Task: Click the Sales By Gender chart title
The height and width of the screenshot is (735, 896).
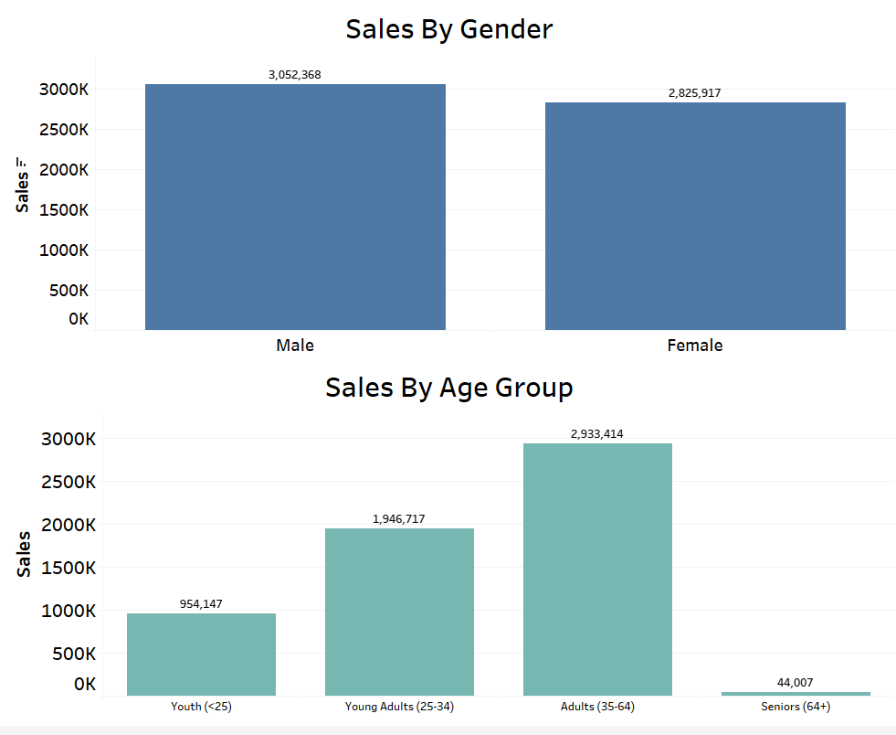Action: click(448, 29)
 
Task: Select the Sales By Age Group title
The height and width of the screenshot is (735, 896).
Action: click(448, 388)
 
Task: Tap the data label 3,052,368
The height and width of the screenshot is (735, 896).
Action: click(295, 75)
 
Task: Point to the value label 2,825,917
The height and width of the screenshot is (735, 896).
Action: click(695, 93)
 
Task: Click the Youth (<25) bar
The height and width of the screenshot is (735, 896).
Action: click(201, 654)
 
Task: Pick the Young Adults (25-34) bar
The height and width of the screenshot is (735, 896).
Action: click(399, 612)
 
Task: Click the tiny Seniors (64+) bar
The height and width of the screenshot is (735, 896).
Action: click(796, 694)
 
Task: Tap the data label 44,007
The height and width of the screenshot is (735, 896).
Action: click(796, 683)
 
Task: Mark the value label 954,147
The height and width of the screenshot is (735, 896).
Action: click(201, 603)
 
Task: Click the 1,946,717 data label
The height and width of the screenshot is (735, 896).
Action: click(399, 519)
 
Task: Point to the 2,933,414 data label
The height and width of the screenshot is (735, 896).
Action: click(597, 434)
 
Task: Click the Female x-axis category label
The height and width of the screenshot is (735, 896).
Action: click(695, 346)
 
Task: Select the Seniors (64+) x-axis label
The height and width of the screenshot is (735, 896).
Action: click(796, 707)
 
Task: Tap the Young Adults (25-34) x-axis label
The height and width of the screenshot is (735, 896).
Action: click(399, 707)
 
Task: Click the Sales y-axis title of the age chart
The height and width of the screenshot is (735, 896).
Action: click(24, 554)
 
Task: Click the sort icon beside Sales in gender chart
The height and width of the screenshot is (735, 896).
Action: click(24, 162)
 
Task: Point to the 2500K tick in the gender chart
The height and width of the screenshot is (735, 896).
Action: click(63, 130)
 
